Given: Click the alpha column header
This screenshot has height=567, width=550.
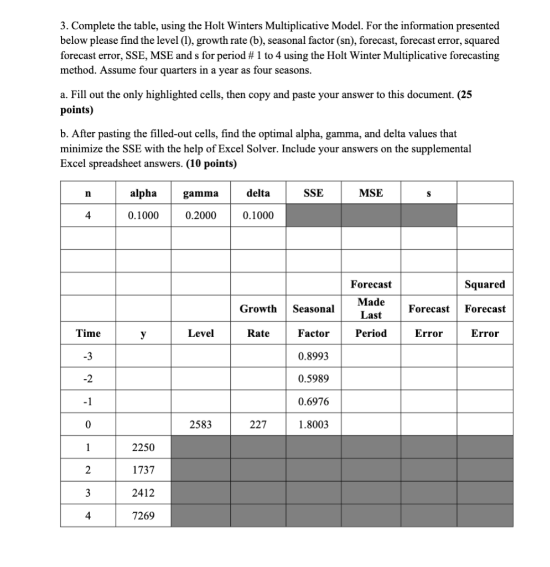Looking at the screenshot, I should tap(143, 193).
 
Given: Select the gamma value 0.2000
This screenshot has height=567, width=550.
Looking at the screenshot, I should tap(200, 215).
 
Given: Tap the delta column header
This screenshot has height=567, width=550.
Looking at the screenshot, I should tap(258, 193).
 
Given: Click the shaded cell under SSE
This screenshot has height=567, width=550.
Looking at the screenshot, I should tap(313, 215).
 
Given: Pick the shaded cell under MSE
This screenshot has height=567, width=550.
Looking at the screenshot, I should tap(371, 215).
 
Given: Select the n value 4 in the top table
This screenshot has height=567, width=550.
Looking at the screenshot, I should tap(87, 215).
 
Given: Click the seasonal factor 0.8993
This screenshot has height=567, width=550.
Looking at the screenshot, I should tap(313, 356).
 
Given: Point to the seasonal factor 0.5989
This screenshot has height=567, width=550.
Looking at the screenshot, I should tap(313, 379).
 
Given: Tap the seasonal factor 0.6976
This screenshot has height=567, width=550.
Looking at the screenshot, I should tap(313, 401).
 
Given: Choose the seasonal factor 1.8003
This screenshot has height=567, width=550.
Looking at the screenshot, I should tap(313, 425).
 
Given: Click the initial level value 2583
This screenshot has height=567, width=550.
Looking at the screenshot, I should tap(200, 425).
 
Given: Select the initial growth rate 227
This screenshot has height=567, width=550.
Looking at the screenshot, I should tap(258, 425).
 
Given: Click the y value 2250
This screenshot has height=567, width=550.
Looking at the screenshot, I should tap(143, 447).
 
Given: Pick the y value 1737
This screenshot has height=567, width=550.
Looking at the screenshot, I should tap(143, 470).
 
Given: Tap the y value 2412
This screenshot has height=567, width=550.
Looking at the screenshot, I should tap(143, 493).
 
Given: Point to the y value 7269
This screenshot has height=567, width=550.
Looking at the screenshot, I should tap(143, 516).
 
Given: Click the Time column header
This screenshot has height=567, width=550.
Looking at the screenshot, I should tap(88, 333).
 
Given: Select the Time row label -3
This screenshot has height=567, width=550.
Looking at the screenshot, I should tap(87, 356).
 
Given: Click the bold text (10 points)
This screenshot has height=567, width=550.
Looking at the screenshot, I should tap(211, 163).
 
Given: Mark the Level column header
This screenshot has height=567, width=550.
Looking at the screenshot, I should tap(201, 333).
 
